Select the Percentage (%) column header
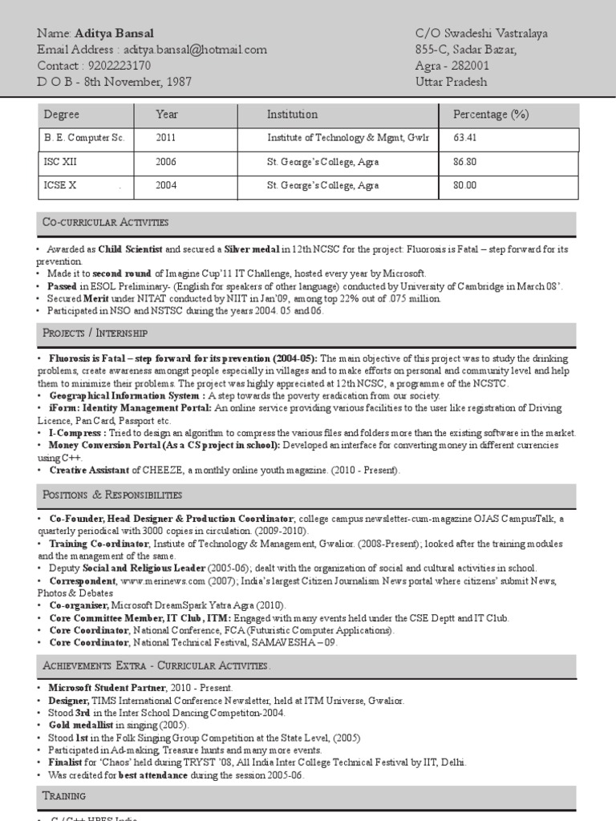(491, 115)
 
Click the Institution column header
(292, 115)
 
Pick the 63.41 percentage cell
(465, 138)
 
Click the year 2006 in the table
(167, 162)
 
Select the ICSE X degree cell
(60, 185)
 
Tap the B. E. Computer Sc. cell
(84, 138)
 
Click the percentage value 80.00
(465, 185)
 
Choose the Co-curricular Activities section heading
(105, 222)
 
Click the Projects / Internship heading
(95, 333)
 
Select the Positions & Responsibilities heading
(112, 495)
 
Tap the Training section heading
(64, 796)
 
